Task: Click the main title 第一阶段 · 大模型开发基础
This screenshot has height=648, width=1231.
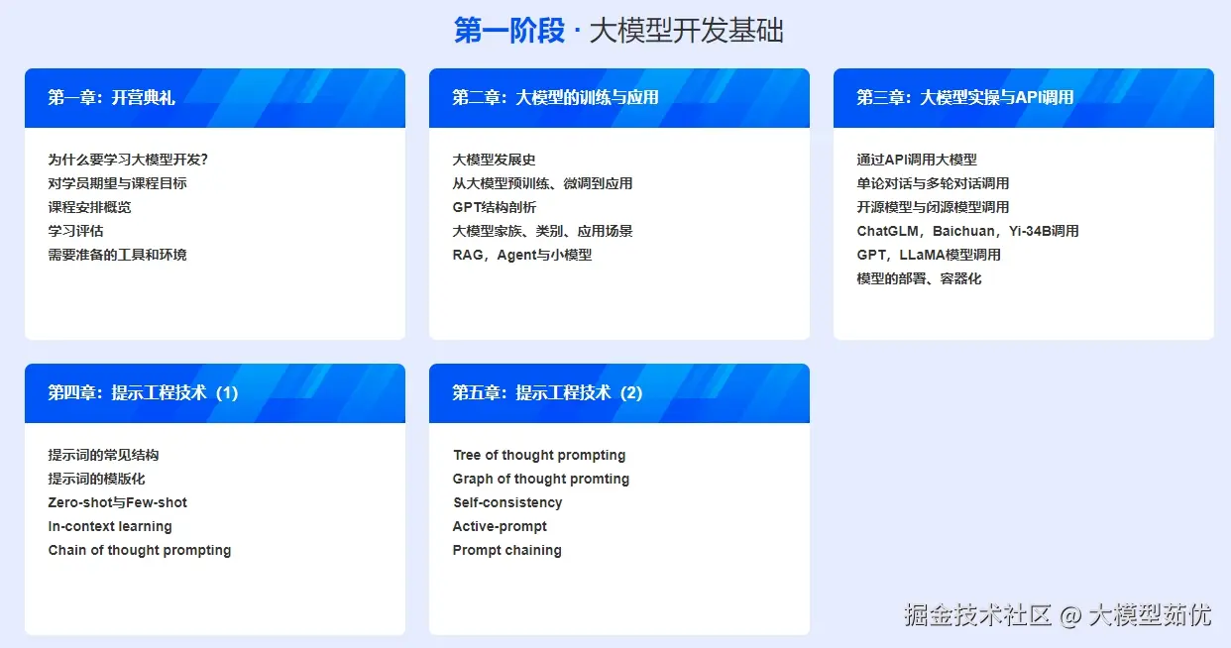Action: [x=618, y=31]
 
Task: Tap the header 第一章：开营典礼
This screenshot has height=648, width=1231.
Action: [x=111, y=97]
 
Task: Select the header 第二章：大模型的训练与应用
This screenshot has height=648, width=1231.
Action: [x=555, y=97]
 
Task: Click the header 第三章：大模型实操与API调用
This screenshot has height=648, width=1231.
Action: [x=964, y=97]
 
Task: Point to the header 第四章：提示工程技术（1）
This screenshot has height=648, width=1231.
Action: [x=143, y=392]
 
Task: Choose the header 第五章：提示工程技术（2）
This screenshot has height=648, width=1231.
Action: [x=547, y=392]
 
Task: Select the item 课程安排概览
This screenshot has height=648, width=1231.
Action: [x=89, y=207]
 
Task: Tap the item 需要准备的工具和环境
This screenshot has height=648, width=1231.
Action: [x=117, y=255]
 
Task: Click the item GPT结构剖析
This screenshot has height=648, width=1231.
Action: [x=495, y=207]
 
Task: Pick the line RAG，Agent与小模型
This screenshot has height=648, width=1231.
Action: [x=522, y=255]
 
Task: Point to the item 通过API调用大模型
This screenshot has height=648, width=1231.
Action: [x=917, y=160]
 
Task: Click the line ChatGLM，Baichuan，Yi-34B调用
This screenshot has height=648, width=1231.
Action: [x=967, y=231]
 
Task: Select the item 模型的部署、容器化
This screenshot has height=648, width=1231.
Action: [x=919, y=278]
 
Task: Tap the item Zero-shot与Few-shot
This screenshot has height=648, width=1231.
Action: [x=117, y=502]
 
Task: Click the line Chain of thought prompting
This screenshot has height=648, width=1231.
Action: [x=140, y=550]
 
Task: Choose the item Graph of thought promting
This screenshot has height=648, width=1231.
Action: [x=541, y=479]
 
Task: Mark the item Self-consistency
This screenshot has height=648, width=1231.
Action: [x=507, y=502]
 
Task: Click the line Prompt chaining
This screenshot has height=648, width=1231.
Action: [x=507, y=550]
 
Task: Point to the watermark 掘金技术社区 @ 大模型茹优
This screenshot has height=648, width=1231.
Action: [x=1057, y=614]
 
